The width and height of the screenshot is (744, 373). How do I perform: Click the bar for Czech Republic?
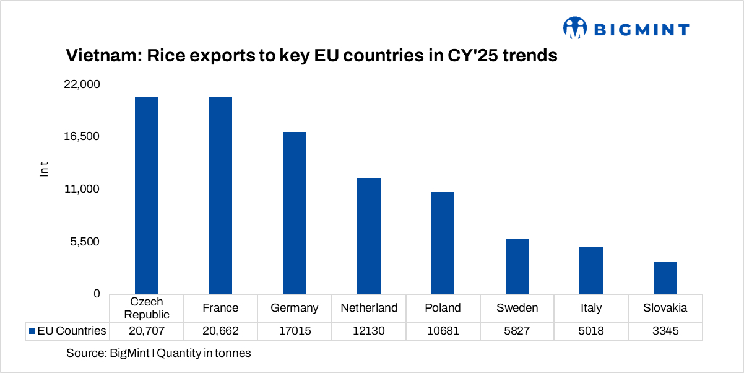tap(147, 195)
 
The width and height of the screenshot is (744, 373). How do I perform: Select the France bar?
tap(220, 195)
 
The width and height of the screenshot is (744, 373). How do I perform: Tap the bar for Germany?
tap(295, 213)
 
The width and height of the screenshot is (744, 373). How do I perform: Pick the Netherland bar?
tap(369, 236)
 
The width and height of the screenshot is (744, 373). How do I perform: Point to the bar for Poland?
tap(443, 243)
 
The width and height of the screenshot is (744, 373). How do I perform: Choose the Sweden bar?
tap(517, 266)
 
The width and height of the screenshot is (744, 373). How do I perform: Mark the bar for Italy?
tap(591, 270)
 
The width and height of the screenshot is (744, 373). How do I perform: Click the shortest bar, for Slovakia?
tap(665, 278)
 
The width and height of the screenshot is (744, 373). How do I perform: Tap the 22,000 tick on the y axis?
tap(82, 84)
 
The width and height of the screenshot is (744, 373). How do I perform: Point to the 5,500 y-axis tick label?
tap(85, 242)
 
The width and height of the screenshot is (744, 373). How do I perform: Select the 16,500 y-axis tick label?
tap(82, 137)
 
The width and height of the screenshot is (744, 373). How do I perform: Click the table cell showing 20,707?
tap(147, 331)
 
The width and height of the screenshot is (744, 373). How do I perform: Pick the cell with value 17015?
tap(295, 331)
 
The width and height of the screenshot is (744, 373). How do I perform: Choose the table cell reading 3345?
tap(665, 331)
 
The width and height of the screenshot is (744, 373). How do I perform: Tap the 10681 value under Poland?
tap(443, 331)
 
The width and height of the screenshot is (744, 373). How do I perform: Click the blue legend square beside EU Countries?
tap(32, 331)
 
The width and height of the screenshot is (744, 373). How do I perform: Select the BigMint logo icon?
tap(574, 29)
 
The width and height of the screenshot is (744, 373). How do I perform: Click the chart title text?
tap(312, 56)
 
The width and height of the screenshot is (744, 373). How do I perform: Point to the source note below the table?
tap(158, 353)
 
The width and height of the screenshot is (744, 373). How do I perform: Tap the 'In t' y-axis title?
tap(44, 169)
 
